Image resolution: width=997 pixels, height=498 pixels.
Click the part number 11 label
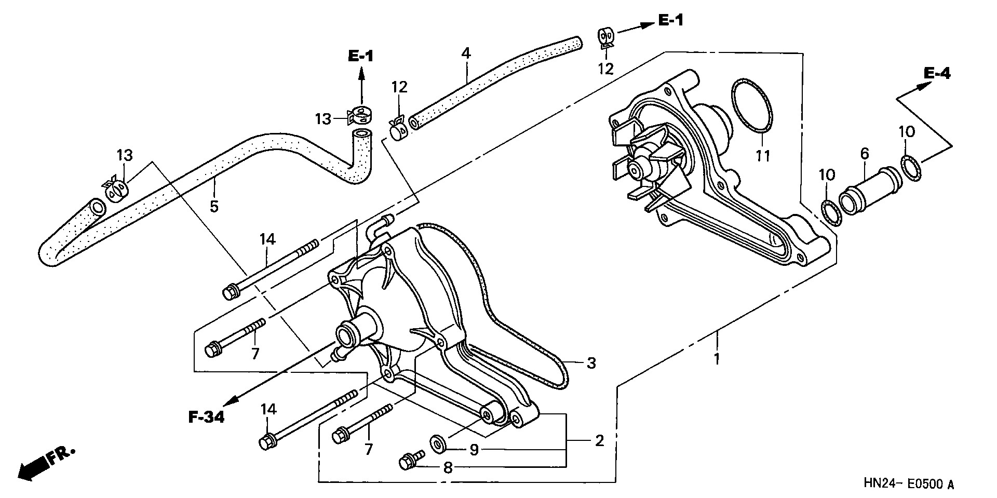point(762,155)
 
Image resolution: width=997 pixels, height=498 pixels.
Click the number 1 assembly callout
point(717,358)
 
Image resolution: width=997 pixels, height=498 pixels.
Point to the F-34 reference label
point(206,417)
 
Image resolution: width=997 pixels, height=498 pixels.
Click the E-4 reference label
point(937,74)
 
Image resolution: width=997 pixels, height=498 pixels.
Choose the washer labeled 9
point(438,442)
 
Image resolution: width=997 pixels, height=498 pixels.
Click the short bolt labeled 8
point(410,460)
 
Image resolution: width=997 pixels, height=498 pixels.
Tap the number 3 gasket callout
point(591,364)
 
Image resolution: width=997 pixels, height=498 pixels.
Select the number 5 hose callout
point(214,206)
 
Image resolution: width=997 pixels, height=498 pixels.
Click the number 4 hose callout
point(465,53)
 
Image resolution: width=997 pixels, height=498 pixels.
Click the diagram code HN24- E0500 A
point(909,484)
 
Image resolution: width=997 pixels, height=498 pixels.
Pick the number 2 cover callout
point(599,441)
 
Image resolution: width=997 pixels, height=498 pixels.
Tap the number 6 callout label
point(864,153)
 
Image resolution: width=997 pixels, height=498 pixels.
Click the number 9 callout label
point(474,450)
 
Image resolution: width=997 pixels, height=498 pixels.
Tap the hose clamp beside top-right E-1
point(605,37)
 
